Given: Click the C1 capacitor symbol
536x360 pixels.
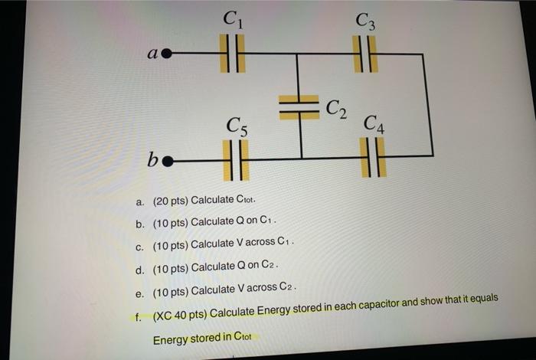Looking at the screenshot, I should tap(232, 54).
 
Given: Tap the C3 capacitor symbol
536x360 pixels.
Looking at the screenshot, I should tap(364, 54).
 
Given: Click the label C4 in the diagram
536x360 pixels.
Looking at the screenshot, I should tap(375, 123).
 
